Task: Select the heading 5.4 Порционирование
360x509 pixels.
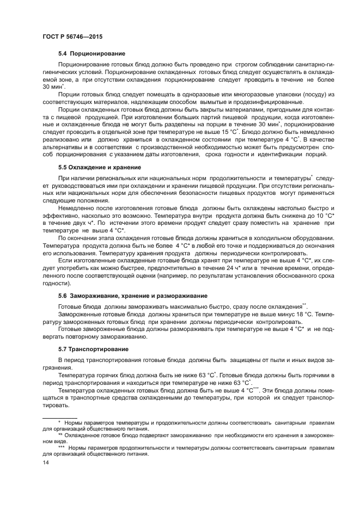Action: click(91, 53)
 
